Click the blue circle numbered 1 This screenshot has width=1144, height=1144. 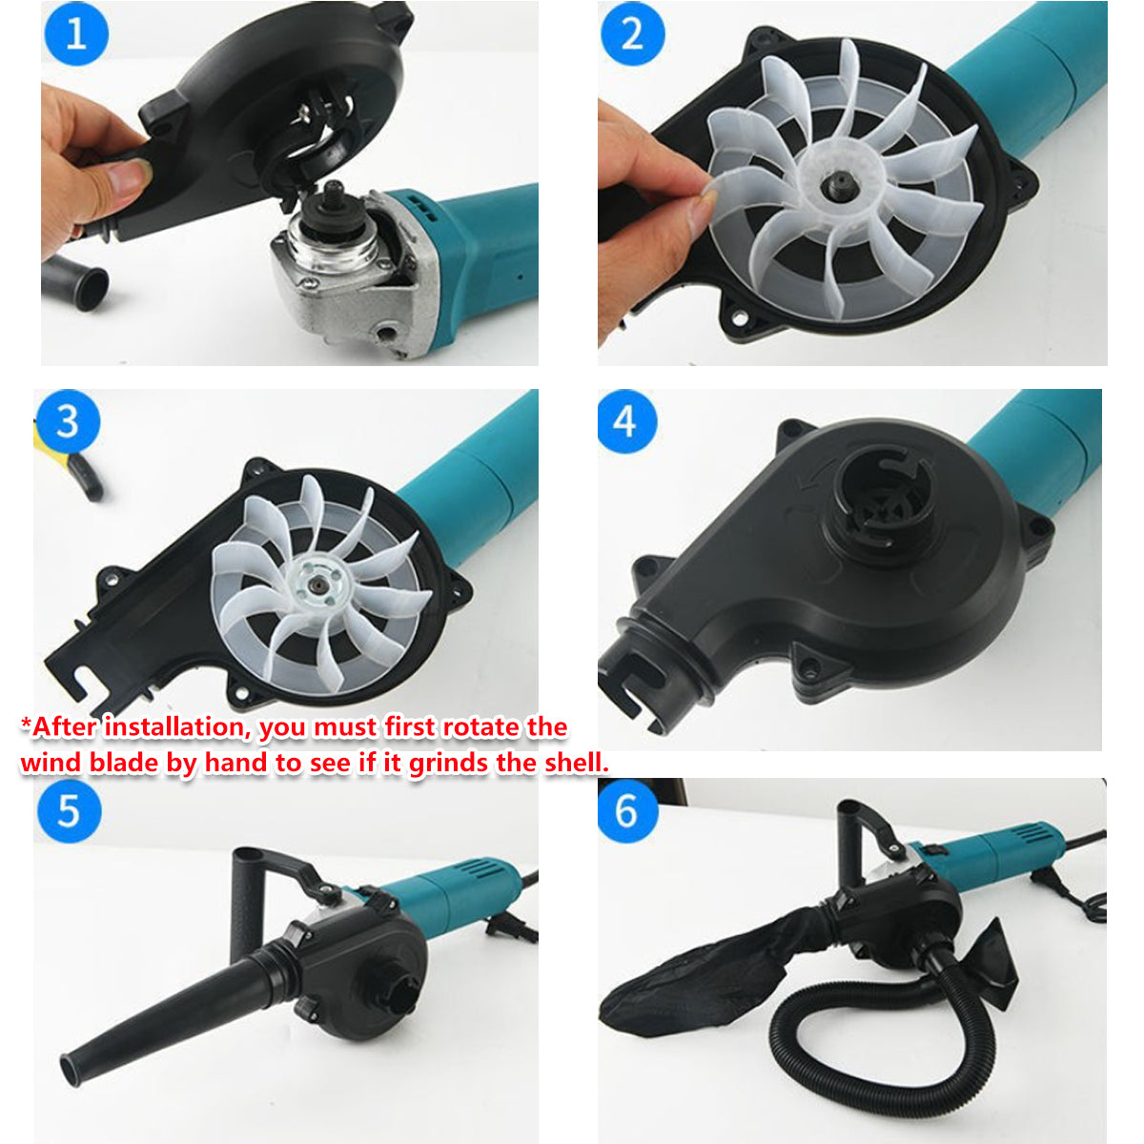coord(75,33)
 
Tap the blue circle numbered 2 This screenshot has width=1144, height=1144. coord(631,33)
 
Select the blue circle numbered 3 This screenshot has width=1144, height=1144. coord(67,420)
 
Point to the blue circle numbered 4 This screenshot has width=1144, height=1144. coord(626,420)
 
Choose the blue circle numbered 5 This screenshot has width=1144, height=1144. coord(69,811)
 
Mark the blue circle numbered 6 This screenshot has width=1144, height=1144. coord(626,811)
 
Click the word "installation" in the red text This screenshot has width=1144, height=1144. coord(176,727)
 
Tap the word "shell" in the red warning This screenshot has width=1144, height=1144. coord(574,763)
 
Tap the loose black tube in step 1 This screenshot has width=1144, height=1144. coord(76,281)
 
